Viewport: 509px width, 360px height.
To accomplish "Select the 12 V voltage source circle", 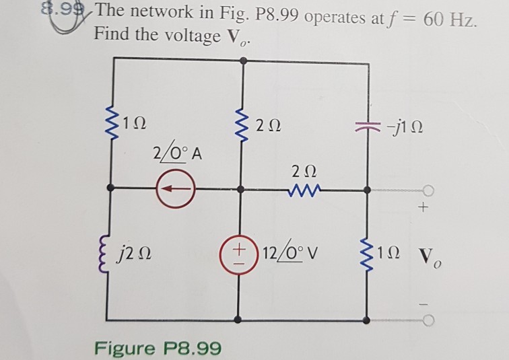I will (x=239, y=256).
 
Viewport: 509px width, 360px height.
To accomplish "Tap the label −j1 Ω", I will (x=404, y=127).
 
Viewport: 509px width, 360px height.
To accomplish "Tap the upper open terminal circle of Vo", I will (x=428, y=190).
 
